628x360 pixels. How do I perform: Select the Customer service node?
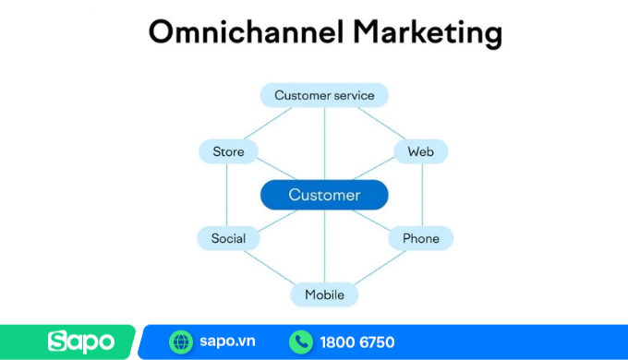(x=324, y=95)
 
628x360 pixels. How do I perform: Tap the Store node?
(x=228, y=151)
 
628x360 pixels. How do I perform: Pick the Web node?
(x=421, y=151)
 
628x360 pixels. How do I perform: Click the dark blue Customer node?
(x=324, y=195)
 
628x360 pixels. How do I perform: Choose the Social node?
(x=228, y=238)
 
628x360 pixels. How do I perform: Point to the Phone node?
(x=421, y=238)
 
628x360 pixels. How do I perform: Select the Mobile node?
(x=324, y=294)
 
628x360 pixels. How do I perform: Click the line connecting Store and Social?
(x=226, y=195)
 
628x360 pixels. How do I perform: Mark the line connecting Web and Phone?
(x=422, y=195)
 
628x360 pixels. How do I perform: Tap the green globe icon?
(x=181, y=342)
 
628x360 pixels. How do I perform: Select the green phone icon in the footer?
(x=301, y=342)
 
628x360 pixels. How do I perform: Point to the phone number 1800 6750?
(x=357, y=342)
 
